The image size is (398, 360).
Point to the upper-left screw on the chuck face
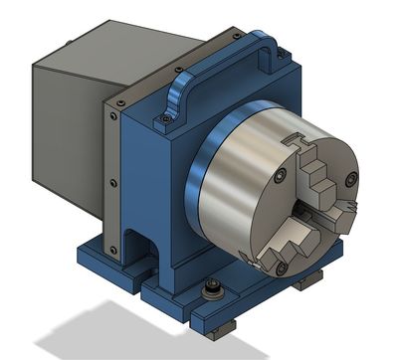point(280,175)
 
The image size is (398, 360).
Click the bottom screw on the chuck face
point(283,268)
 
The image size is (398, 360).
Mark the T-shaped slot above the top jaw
point(296,146)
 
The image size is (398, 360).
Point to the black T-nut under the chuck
point(307,282)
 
